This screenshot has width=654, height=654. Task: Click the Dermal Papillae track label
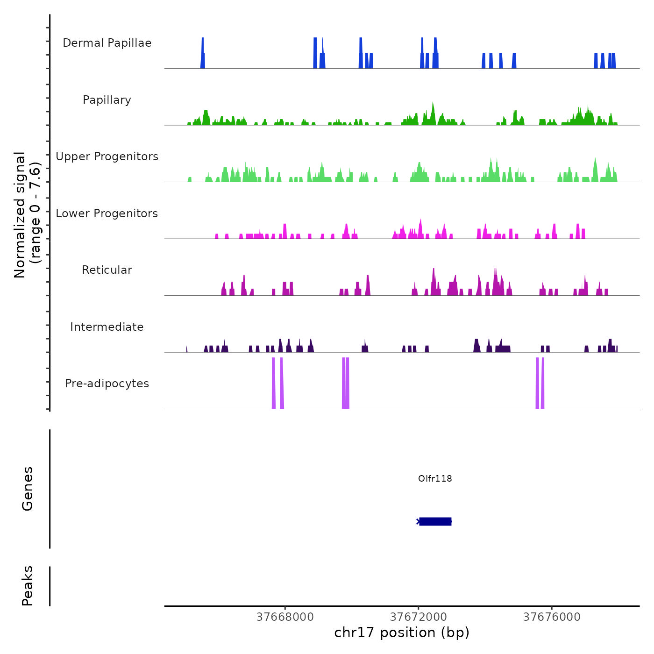107,43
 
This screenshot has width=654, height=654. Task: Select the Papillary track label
107,100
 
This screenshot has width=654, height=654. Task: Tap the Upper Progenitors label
107,156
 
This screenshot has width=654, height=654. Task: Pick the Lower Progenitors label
107,213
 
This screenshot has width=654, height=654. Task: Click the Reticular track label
107,270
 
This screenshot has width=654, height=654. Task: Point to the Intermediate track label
107,327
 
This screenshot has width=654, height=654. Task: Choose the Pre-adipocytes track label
107,384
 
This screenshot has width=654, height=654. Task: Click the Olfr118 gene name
435,478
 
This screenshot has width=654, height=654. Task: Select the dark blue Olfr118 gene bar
435,521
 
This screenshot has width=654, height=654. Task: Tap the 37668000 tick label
285,617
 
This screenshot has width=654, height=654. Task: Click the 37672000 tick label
419,617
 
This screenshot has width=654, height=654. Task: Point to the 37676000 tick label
552,617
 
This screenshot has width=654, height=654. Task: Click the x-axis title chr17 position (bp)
402,633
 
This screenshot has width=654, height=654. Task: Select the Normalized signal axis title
27,214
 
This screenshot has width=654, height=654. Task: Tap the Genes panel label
28,489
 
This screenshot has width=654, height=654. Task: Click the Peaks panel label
28,586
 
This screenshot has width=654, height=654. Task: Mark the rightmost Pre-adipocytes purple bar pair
540,383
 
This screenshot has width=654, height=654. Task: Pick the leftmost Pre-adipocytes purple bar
274,383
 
